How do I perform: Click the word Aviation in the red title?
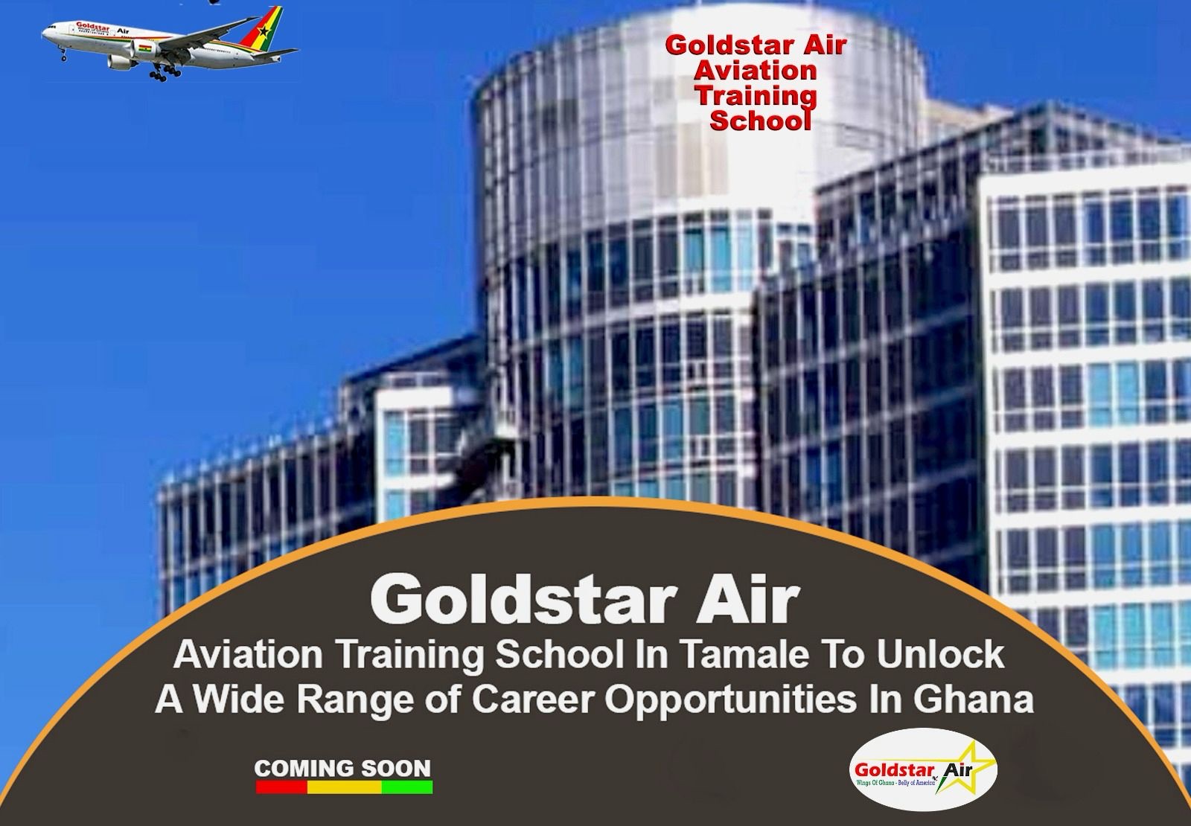click(755, 70)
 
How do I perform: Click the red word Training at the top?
click(755, 95)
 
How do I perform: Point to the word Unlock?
click(941, 655)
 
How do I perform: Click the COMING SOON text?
click(342, 767)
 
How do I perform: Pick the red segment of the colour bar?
click(281, 787)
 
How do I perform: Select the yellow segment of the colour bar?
click(344, 787)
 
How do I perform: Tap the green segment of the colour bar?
click(406, 787)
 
